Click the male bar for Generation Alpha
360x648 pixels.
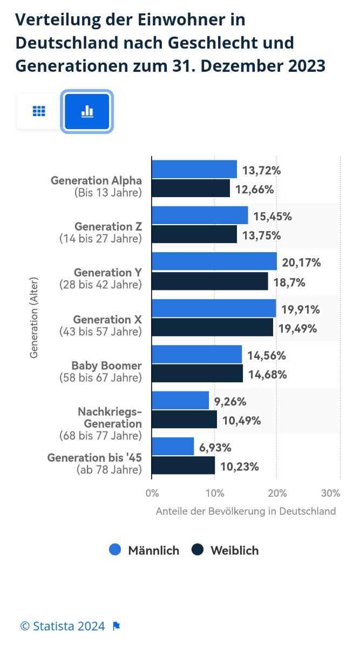click(x=194, y=169)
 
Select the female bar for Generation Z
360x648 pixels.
click(x=194, y=234)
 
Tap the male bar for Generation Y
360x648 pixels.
click(x=214, y=262)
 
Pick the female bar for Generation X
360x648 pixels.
click(x=212, y=327)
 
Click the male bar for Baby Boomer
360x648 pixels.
click(x=196, y=354)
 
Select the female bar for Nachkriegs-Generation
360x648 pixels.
click(x=184, y=420)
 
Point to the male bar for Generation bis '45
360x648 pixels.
click(x=173, y=447)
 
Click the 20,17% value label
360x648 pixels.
click(x=301, y=263)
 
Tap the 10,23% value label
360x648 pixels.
click(x=239, y=467)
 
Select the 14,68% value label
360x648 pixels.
click(x=267, y=374)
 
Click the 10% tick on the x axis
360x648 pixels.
click(x=215, y=493)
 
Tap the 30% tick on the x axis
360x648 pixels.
click(x=330, y=493)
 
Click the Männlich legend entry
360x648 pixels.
click(x=144, y=550)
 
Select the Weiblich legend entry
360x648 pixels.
click(x=226, y=550)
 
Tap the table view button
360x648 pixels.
click(x=39, y=111)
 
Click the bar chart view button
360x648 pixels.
click(x=87, y=111)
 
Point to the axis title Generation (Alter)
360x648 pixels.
click(x=34, y=318)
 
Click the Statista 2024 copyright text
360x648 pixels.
click(x=63, y=626)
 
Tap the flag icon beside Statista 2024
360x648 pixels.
click(x=117, y=626)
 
